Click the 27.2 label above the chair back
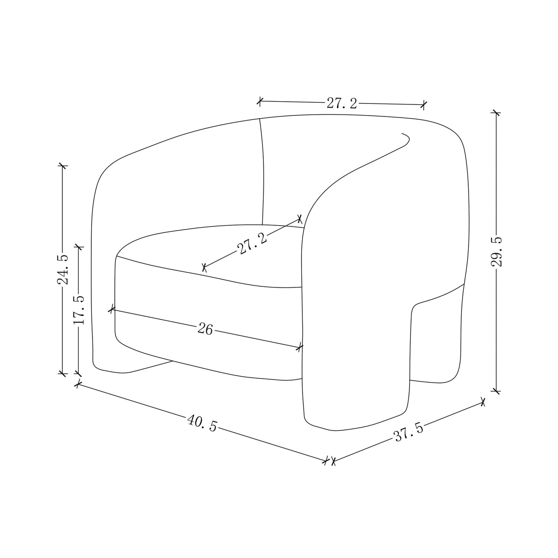point(342,103)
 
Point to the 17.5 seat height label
point(79,310)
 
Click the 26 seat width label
point(205,329)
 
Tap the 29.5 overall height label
point(497,251)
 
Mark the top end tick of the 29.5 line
point(496,113)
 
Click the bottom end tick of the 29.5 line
point(497,391)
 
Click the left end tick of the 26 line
point(112,309)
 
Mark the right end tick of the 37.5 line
point(482,402)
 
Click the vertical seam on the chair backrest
point(263,170)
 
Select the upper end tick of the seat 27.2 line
point(299,219)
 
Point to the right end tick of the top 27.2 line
point(424,104)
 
